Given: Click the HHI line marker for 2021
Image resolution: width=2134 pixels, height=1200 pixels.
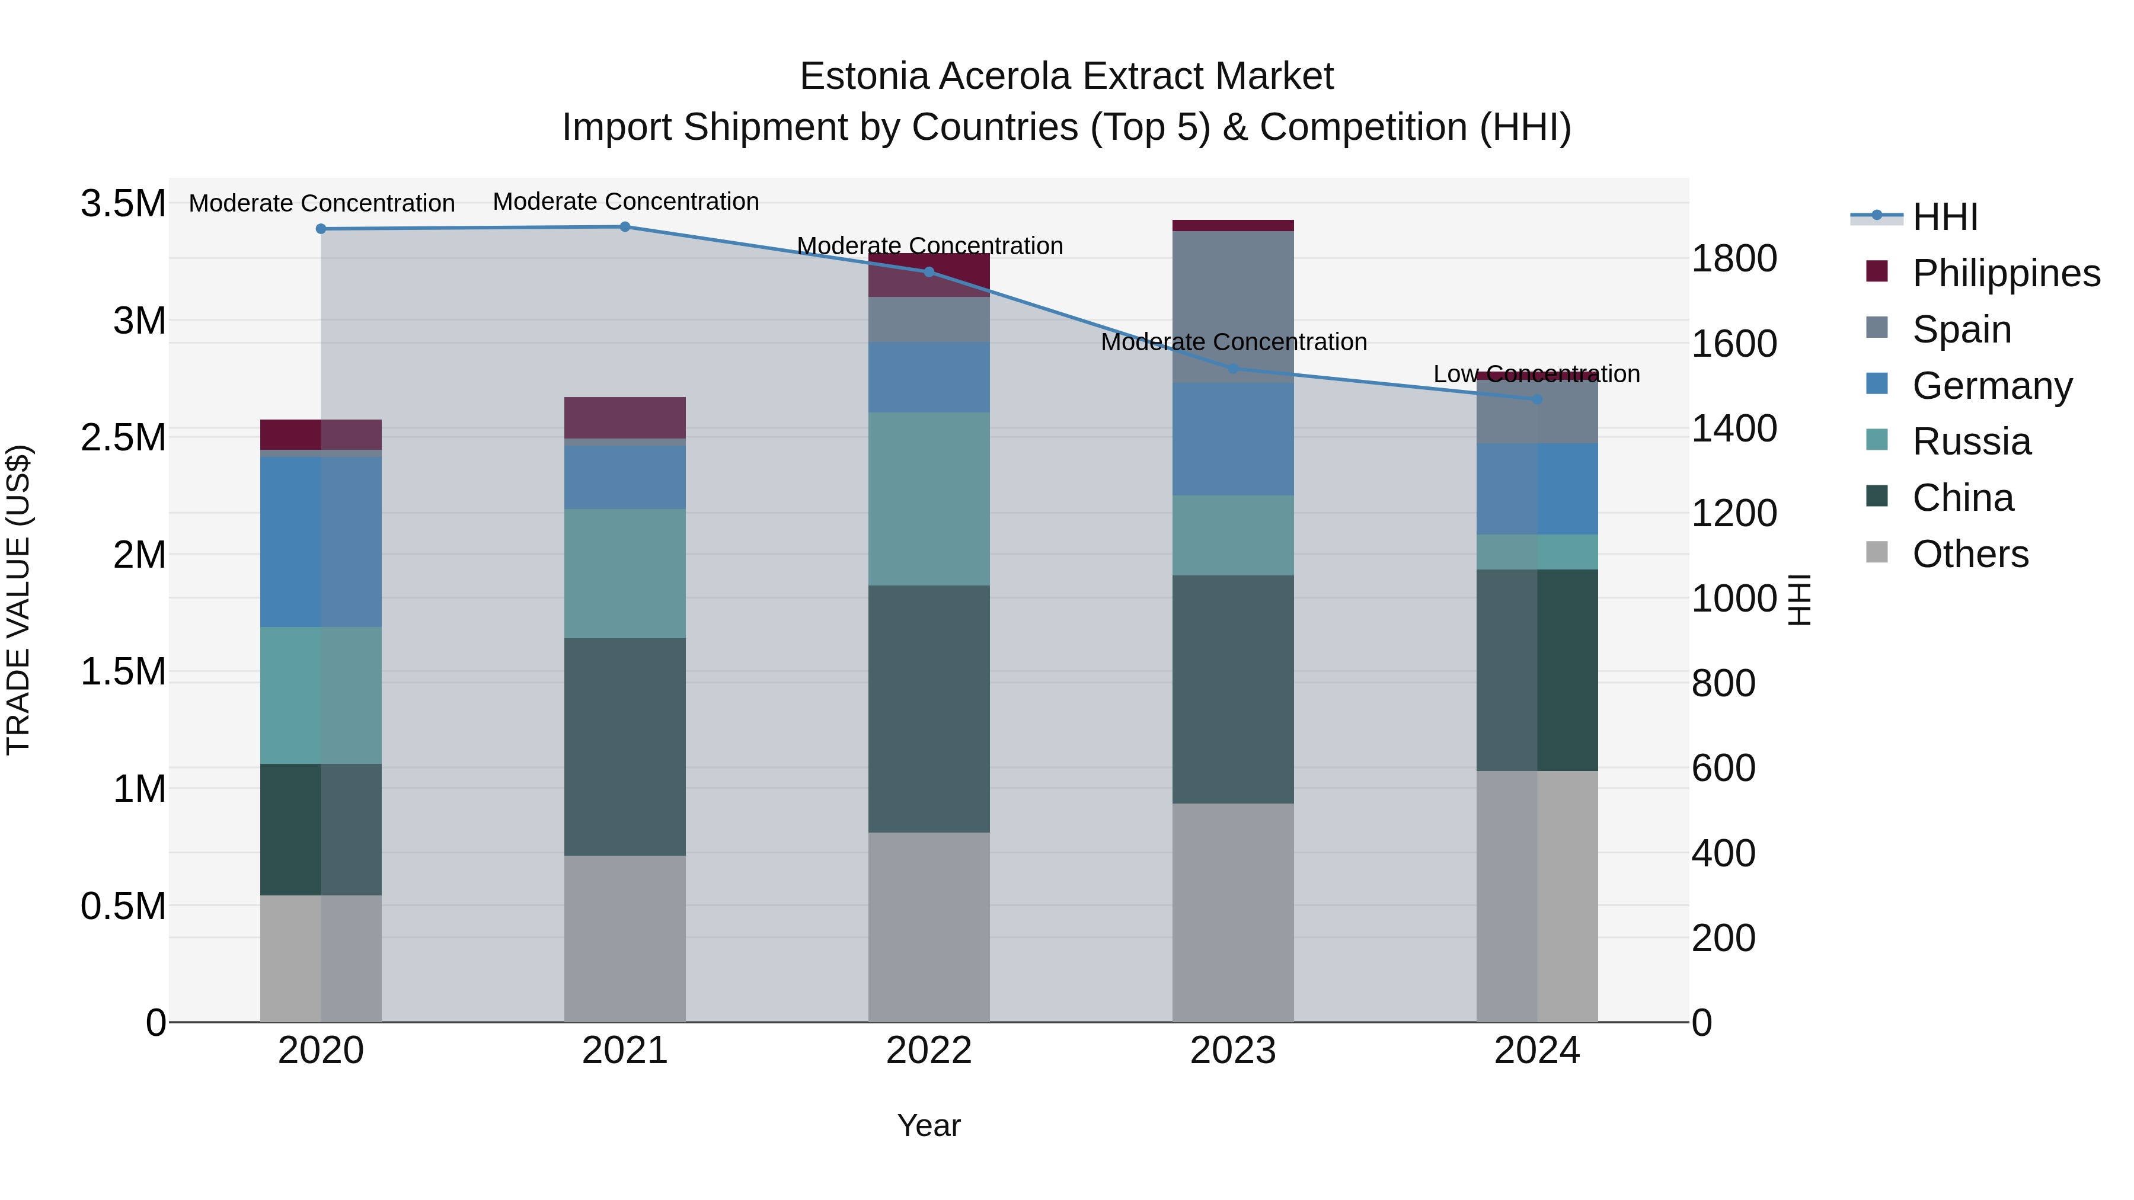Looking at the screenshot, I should (x=625, y=227).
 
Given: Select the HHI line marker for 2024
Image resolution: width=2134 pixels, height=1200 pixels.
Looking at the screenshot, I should (x=1536, y=399).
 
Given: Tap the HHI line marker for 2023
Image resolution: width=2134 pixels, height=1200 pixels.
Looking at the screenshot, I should (x=1233, y=369).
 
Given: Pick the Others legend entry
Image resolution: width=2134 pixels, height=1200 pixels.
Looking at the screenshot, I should (x=1970, y=554).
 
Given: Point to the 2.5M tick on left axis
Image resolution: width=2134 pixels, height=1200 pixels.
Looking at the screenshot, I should (x=123, y=437).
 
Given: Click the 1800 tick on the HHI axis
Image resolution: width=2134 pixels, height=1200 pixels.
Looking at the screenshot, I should (x=1733, y=258).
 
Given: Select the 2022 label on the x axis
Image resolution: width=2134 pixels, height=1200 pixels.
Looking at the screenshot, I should (x=929, y=1051).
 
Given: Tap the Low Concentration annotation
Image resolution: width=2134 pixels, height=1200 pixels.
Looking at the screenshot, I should (x=1536, y=375).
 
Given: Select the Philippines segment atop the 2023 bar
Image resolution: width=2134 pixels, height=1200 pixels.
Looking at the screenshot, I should (x=1233, y=225).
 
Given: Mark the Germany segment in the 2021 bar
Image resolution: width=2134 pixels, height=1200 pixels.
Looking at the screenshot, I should (x=625, y=477).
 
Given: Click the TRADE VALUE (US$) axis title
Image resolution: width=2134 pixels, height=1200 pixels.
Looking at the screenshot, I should (x=18, y=600).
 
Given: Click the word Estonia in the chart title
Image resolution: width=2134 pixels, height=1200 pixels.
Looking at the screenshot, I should (x=864, y=77).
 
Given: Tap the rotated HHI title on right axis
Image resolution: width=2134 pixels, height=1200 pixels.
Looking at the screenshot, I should (x=1799, y=600).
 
